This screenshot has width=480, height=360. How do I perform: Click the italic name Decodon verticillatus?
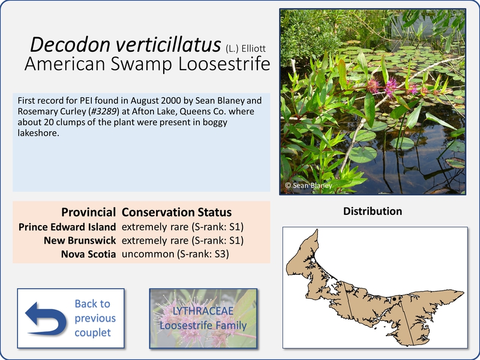pos(125,44)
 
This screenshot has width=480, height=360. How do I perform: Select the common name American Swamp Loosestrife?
pos(147,64)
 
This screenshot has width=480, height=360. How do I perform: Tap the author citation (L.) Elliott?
pos(246,49)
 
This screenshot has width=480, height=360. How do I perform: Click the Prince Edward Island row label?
pos(67,227)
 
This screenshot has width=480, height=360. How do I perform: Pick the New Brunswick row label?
pos(80,241)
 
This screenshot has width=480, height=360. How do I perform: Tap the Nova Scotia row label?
pos(88,254)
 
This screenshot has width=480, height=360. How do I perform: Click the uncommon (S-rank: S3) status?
pos(175,254)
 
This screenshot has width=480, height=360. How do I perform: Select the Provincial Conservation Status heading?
pos(146,212)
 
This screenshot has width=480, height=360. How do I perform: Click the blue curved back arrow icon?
pos(46,319)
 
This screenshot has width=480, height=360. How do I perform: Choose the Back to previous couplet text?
pos(95,318)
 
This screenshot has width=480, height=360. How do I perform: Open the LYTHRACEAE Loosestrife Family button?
pos(203,319)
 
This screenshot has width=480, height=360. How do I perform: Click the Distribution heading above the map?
pos(373,211)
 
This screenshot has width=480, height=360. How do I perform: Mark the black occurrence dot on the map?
pos(394,299)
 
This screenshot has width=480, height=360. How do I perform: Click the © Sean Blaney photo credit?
pos(308,185)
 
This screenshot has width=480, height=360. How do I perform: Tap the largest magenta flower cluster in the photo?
pos(391,87)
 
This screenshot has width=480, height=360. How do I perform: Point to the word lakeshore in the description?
pos(38,133)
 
